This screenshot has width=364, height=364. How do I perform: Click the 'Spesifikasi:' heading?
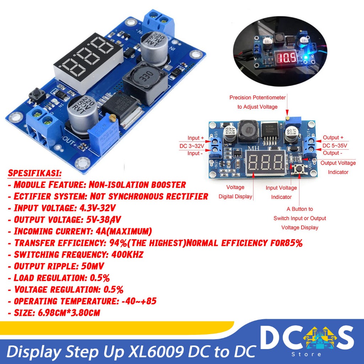coord(34,174)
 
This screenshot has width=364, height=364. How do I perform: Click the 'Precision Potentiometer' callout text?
coord(257,97)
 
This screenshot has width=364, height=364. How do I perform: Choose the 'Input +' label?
coord(196,138)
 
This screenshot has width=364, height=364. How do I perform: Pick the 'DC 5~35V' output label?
coord(335,145)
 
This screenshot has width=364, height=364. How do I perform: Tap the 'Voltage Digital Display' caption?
coord(235,192)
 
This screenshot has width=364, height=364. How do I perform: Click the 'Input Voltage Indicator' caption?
coord(281,192)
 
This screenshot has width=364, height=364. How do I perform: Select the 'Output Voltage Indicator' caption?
coord(338,167)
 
